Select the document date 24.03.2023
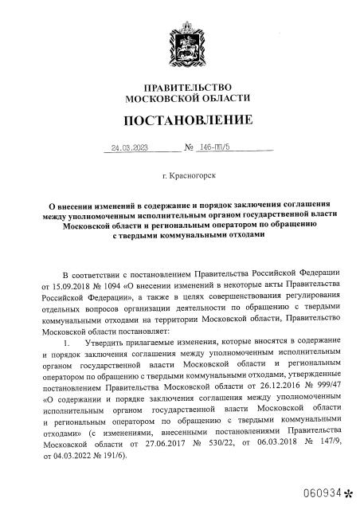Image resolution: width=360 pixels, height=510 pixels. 131,147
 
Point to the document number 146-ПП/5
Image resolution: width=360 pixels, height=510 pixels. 213,147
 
